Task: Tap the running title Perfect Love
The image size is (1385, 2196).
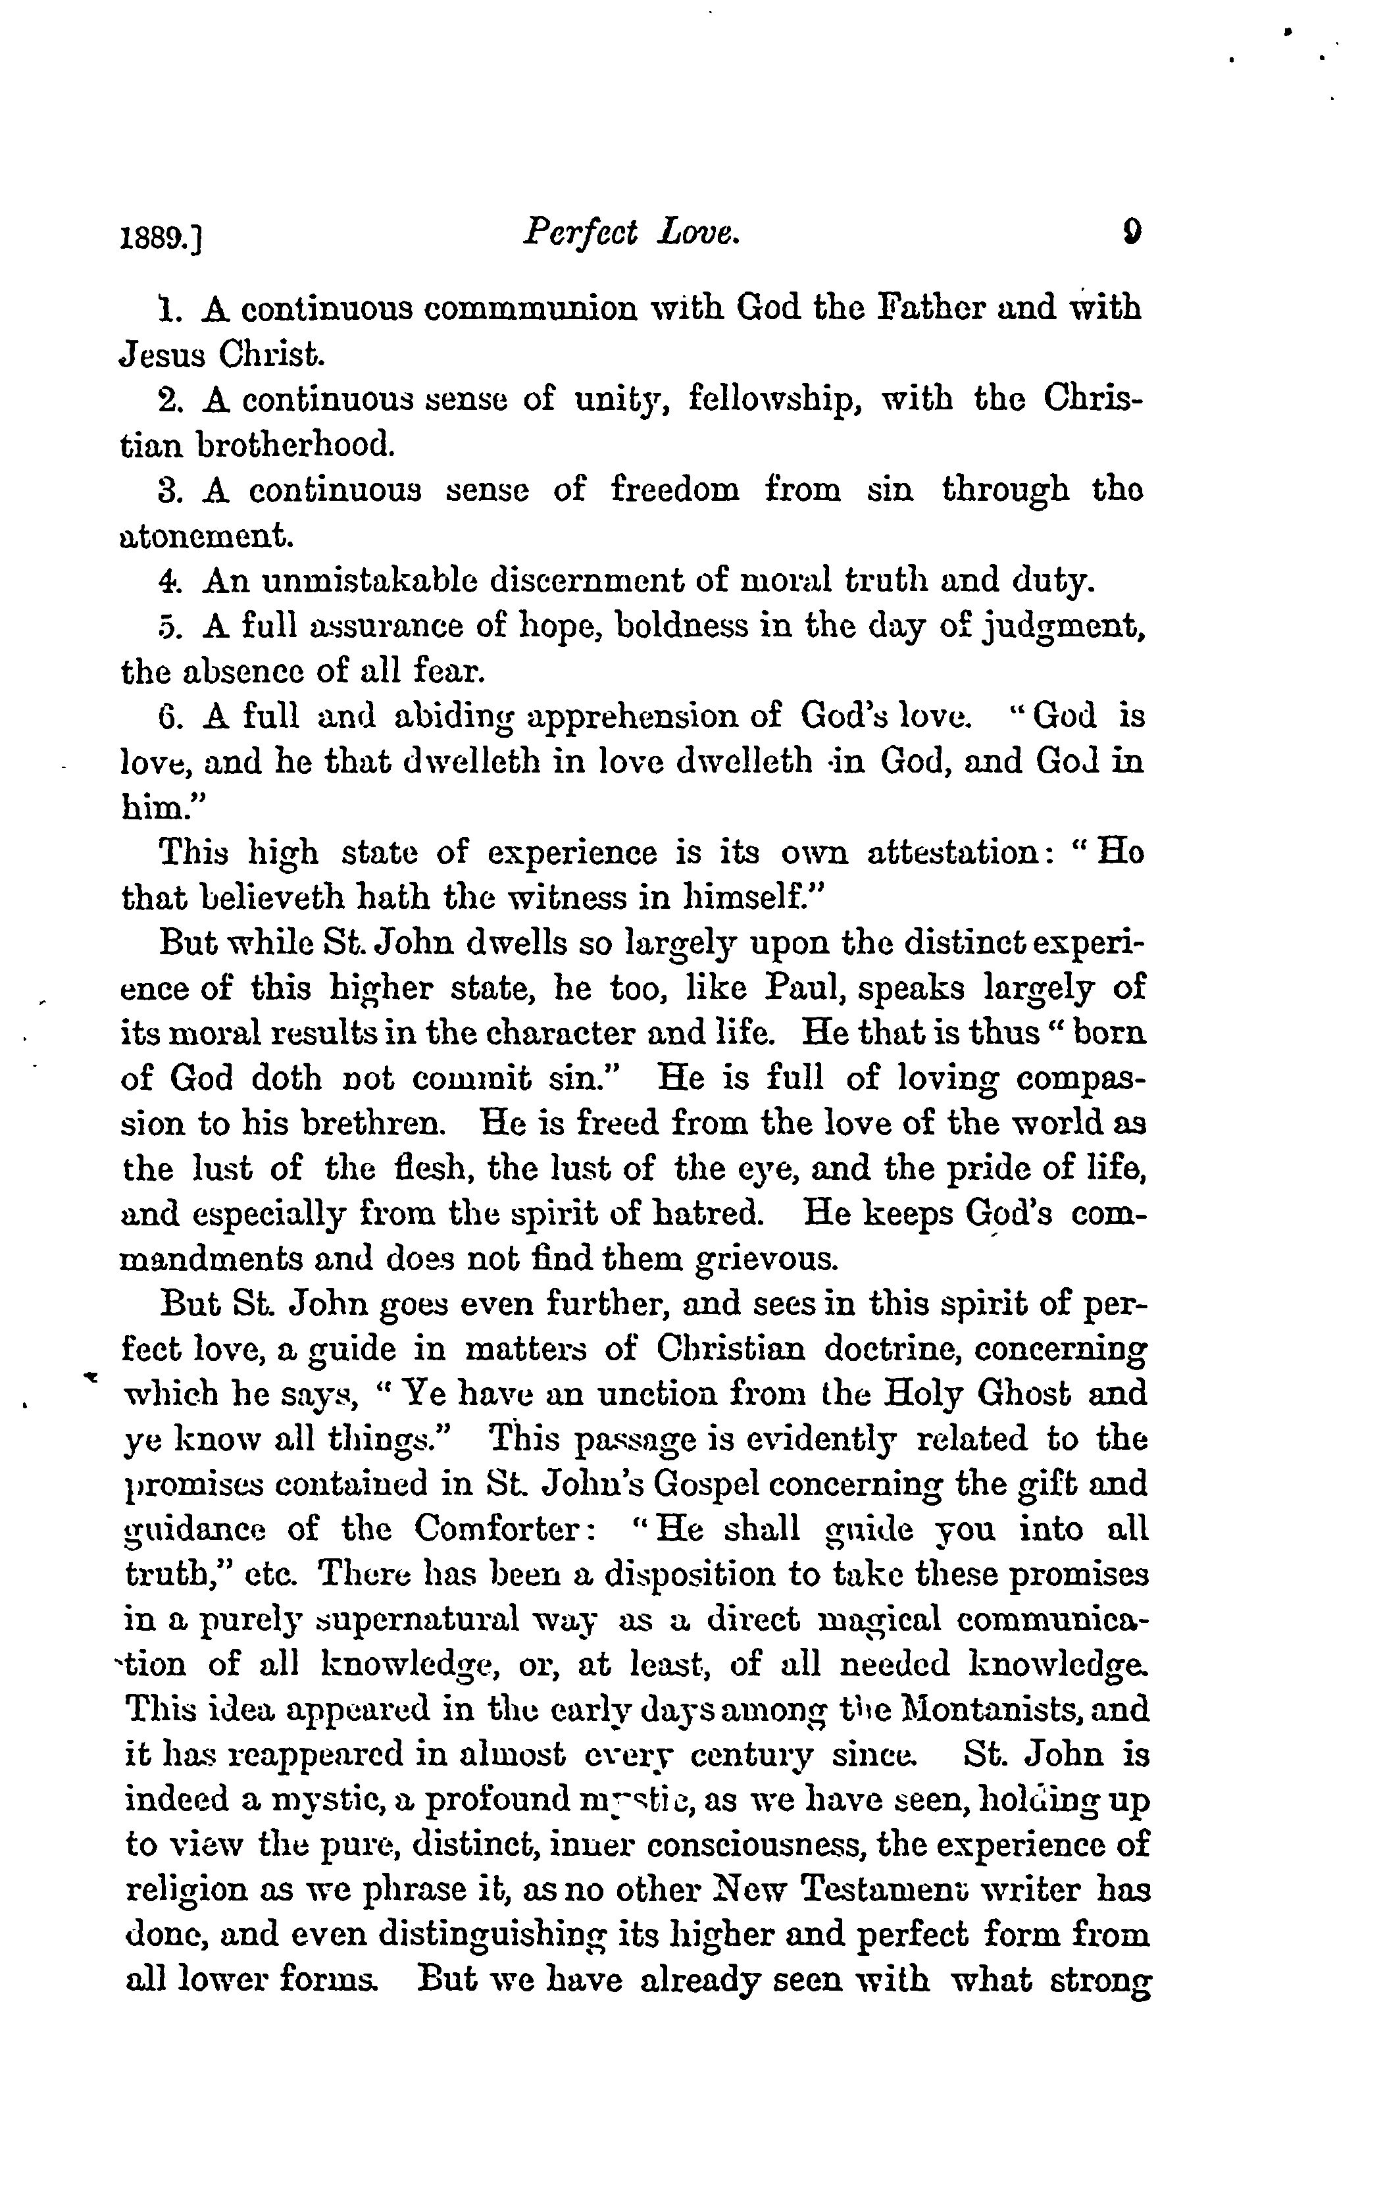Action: [x=632, y=236]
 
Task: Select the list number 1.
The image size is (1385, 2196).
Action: [x=168, y=309]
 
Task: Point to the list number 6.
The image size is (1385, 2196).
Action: [x=168, y=717]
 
